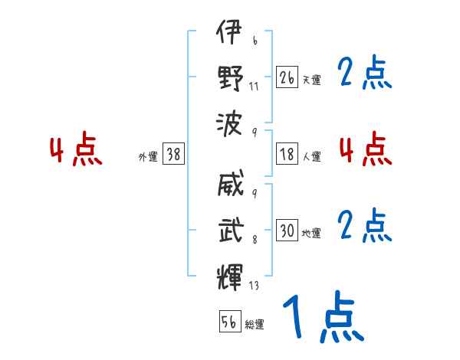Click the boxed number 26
[287, 77]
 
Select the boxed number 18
[287, 153]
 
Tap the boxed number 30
[287, 231]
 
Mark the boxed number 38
[173, 154]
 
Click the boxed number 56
[229, 322]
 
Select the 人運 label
[312, 156]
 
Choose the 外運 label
[147, 156]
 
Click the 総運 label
[255, 324]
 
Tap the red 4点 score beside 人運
[365, 149]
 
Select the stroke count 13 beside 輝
[254, 286]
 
